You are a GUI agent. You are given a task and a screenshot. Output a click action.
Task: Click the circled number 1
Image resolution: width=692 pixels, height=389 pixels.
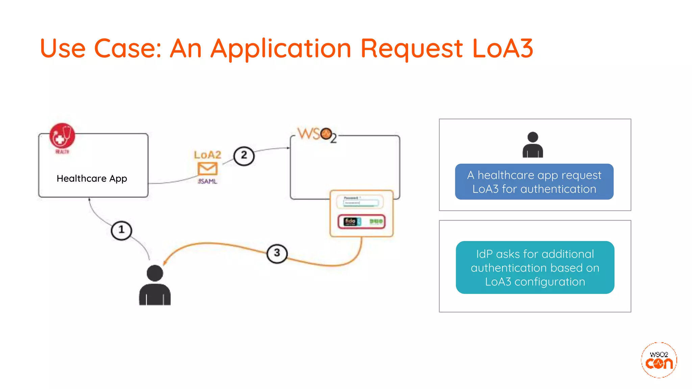click(x=121, y=230)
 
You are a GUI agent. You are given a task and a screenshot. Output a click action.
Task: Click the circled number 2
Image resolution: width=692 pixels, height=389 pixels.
click(x=244, y=156)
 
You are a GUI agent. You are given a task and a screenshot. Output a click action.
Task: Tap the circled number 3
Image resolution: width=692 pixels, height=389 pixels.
click(x=277, y=253)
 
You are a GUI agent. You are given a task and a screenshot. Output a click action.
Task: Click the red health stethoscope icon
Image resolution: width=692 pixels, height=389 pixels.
click(x=62, y=136)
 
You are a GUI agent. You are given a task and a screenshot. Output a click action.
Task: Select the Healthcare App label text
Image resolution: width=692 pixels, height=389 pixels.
click(x=92, y=178)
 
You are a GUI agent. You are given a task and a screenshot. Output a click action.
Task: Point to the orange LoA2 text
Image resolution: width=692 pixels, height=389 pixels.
click(x=207, y=155)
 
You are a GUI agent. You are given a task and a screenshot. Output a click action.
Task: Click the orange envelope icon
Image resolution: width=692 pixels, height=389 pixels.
click(x=207, y=168)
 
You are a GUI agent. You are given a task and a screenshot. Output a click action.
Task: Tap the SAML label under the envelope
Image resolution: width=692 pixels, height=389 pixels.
click(x=207, y=181)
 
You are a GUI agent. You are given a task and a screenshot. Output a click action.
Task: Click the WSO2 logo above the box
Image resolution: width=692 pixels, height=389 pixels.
click(x=317, y=135)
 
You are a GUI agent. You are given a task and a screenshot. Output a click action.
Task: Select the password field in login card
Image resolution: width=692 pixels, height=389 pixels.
click(x=361, y=203)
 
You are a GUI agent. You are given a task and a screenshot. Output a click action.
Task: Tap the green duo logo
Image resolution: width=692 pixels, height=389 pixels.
click(x=376, y=222)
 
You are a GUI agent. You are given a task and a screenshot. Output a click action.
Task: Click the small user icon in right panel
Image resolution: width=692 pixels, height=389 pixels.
click(x=533, y=145)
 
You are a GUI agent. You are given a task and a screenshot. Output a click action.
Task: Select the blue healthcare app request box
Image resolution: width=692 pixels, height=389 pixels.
click(x=534, y=182)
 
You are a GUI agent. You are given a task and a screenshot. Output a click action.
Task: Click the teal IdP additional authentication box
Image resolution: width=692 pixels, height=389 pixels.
click(x=535, y=267)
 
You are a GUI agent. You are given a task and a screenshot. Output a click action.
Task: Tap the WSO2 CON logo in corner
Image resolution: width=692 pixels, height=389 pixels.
click(x=659, y=360)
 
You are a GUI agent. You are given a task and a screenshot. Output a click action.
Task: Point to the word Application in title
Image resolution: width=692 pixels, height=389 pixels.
click(x=281, y=48)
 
